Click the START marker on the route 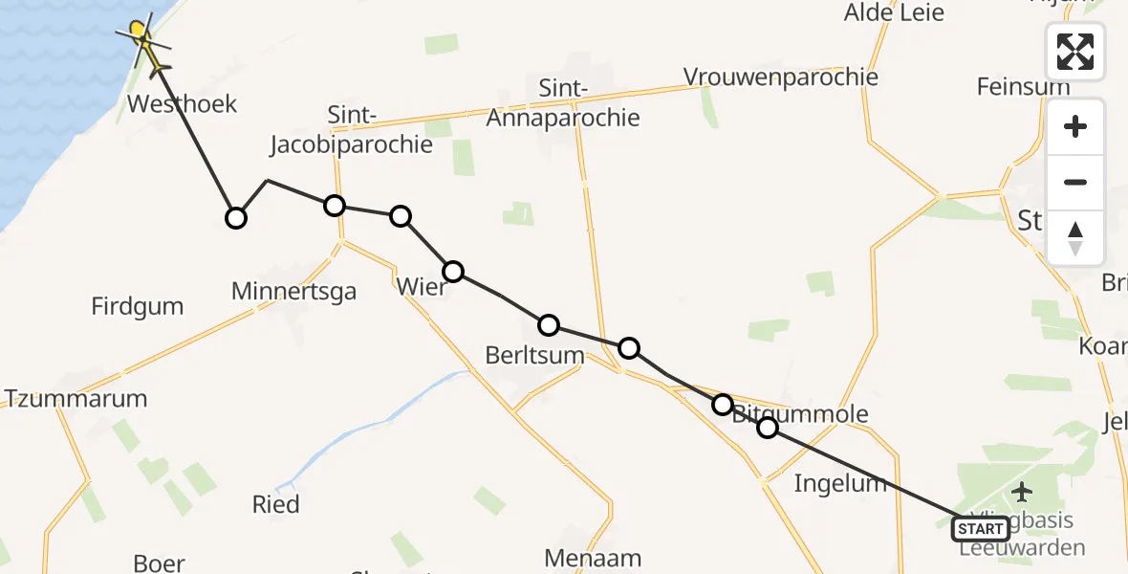980,529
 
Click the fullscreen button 1075,51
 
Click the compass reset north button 1075,238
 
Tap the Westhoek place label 182,104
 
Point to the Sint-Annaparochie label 563,103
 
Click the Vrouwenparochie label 781,77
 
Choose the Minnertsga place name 294,291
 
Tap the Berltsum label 534,355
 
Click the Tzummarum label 76,399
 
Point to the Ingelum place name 840,483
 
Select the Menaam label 593,558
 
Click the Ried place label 275,504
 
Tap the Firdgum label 138,307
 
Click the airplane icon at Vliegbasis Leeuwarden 1023,493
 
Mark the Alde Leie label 893,12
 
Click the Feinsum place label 1023,87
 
